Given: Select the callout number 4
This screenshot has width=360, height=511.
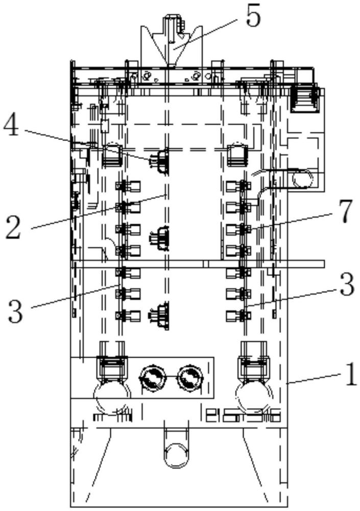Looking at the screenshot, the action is pos(11,126).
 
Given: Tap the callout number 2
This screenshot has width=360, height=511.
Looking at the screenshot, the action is pos(13,228).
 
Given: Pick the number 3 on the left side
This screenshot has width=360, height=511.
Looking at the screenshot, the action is pos(15,312).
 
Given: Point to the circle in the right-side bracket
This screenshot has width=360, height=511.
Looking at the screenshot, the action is pos(302,178).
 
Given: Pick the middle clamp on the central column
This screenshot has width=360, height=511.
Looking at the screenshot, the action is pos(160,239).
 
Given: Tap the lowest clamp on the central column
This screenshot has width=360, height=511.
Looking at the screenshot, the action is pos(160,315).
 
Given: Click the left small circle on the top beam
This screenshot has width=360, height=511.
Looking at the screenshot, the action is pos(146,76).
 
